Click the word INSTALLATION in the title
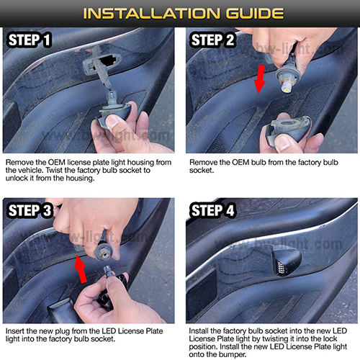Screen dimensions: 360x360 tap(151, 14)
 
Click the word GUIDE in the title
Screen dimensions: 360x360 tap(255, 14)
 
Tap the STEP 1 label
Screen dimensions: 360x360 tap(30, 40)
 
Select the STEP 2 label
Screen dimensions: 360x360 tap(212, 40)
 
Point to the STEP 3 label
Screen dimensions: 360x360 tap(30, 210)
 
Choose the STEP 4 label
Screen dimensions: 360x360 tap(212, 210)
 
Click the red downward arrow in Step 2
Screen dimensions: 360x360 tap(260, 79)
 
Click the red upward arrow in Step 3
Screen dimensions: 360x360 tap(81, 269)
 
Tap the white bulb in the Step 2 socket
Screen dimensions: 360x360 tap(287, 86)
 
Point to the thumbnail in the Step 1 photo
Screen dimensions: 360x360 tap(112, 122)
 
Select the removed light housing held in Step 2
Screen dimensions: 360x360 tap(288, 129)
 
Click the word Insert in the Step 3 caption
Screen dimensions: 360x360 tap(15, 331)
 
